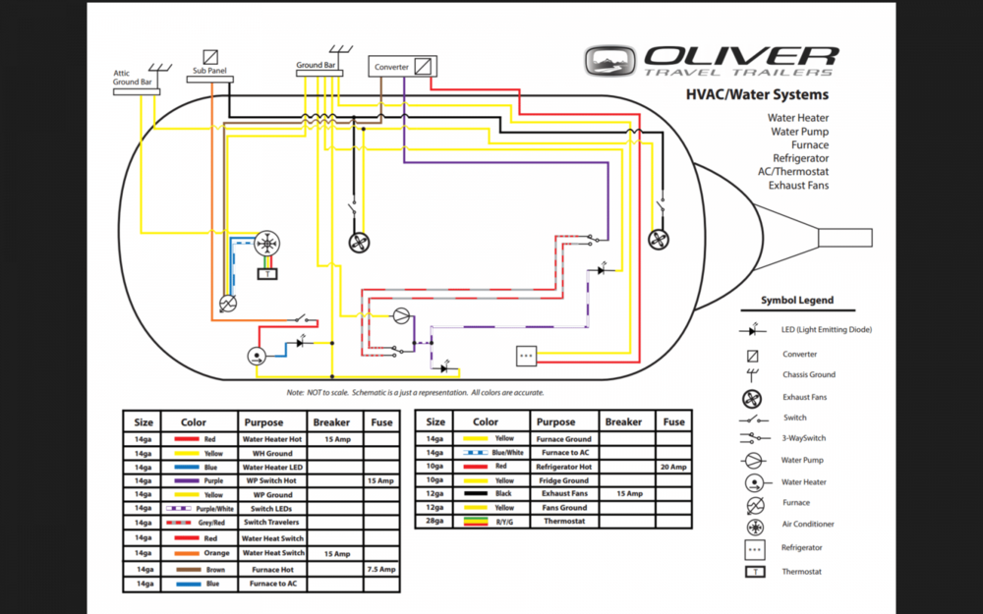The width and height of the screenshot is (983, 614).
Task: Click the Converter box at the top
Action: [x=403, y=67]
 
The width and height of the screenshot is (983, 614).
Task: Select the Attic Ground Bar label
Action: [x=133, y=78]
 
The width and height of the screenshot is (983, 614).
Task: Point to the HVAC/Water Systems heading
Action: [x=757, y=95]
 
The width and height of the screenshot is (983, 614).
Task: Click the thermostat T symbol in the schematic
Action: [x=266, y=273]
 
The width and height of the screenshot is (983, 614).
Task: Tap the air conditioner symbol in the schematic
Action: [x=266, y=244]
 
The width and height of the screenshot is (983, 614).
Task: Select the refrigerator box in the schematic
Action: [x=526, y=356]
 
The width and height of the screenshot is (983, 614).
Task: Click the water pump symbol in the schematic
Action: [x=401, y=315]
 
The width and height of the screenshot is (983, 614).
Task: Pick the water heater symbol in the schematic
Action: [x=256, y=357]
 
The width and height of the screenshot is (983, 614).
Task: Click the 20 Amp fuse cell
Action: [x=673, y=466]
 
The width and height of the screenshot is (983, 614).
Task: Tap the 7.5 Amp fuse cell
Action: [x=381, y=569]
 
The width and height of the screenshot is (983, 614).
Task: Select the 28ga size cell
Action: [x=435, y=521]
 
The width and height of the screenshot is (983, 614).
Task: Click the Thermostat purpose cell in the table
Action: [x=563, y=521]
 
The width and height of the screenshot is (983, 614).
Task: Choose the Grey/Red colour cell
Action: [x=199, y=524]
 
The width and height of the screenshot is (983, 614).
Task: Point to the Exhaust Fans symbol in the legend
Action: [x=752, y=398]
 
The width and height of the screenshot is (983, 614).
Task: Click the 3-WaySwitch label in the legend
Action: [x=804, y=438]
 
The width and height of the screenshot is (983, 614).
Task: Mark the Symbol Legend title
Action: [x=797, y=300]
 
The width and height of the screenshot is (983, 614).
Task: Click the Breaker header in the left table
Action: [x=331, y=421]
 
